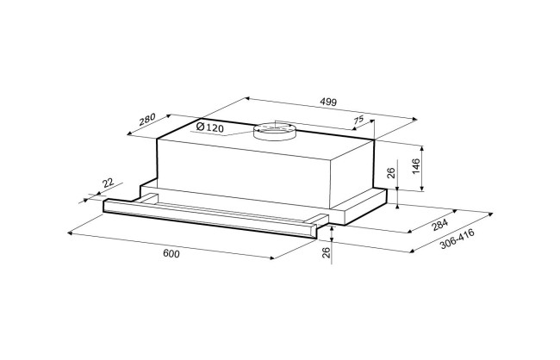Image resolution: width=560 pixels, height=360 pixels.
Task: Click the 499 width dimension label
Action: coord(328,102)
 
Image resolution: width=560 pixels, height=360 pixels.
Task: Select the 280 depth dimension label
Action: coord(147,119)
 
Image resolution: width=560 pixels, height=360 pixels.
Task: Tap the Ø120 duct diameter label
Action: coord(210,127)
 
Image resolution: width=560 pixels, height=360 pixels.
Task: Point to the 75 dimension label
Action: coord(358,120)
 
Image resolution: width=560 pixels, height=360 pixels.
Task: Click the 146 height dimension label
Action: coord(416,166)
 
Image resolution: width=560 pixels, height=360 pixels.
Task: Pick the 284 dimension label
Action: coord(439,225)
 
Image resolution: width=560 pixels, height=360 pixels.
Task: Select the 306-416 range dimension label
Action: coord(457,239)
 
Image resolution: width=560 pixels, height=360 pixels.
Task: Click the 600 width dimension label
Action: coord(171,253)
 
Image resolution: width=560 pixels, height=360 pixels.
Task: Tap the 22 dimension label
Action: coord(108,183)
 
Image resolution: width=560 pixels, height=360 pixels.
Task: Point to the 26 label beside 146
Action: coord(391,173)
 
